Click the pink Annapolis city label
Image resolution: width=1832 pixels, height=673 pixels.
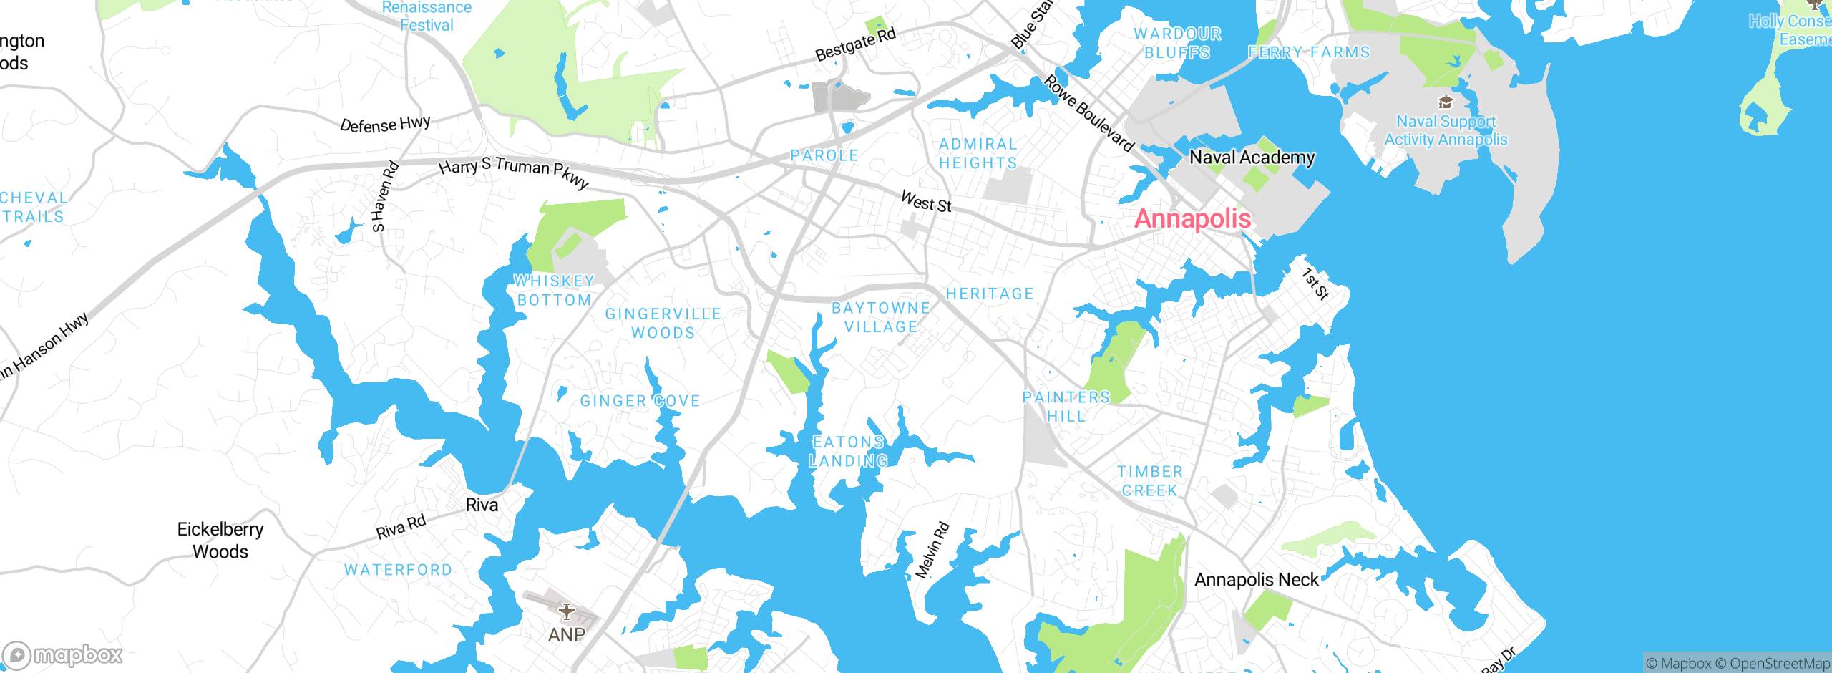tap(1193, 218)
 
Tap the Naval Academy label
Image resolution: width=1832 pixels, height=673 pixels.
tap(1252, 157)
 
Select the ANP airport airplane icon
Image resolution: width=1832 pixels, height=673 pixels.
tap(566, 612)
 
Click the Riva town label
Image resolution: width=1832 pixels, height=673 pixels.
tap(482, 505)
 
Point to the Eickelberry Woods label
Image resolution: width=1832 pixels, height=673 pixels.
tap(220, 540)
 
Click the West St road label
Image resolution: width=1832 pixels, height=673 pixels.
tap(926, 202)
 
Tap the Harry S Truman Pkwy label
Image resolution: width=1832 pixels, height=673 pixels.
tap(514, 172)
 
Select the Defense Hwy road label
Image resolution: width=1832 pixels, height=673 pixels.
tap(385, 125)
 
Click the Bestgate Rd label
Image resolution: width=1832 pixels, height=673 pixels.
tap(855, 44)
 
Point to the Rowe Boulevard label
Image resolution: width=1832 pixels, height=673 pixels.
tap(1088, 114)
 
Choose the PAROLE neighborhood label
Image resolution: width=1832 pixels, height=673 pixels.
tap(824, 155)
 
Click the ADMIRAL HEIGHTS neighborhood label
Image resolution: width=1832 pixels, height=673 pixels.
tap(978, 154)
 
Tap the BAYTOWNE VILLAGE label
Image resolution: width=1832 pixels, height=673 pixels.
tap(881, 317)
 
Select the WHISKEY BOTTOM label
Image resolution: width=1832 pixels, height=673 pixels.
tap(555, 291)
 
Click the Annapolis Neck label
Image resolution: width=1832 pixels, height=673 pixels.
tap(1256, 579)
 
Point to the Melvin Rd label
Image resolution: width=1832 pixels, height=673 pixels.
tap(932, 551)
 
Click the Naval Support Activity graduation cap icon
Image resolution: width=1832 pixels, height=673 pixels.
tap(1445, 102)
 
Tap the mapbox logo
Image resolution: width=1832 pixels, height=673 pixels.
tap(63, 654)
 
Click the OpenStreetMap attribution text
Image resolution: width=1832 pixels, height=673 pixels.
tap(1778, 664)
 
